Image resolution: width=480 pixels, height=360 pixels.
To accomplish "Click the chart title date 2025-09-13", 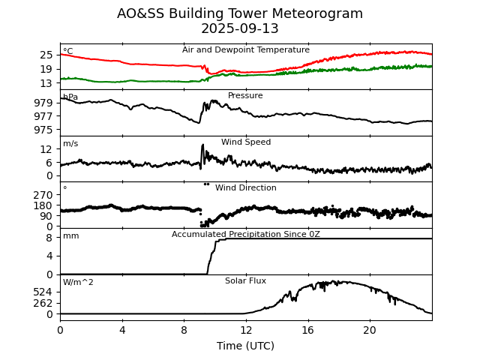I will [240, 29].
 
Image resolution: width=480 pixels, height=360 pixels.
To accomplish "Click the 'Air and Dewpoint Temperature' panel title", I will [246, 50].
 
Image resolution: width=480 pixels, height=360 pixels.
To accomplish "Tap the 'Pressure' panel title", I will [245, 96].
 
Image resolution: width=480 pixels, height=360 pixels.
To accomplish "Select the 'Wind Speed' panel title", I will [246, 142].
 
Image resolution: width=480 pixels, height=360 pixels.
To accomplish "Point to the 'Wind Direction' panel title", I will [246, 188].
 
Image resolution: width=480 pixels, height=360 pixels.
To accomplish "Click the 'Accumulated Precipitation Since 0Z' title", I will [246, 235].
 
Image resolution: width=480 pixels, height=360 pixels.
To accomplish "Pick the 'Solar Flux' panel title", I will [245, 281].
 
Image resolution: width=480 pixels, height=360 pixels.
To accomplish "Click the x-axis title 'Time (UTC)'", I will [246, 346].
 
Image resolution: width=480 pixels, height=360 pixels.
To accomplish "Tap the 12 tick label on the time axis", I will [246, 330].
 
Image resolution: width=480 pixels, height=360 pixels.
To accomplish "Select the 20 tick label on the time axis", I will [370, 330].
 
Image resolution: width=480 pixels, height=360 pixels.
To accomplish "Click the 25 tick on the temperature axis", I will [46, 55].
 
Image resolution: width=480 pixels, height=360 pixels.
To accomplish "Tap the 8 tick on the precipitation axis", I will [50, 238].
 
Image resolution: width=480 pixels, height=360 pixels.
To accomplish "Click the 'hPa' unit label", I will [70, 97].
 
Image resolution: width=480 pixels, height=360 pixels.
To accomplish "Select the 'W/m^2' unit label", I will [78, 283].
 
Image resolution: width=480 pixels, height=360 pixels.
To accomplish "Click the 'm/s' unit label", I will [70, 144].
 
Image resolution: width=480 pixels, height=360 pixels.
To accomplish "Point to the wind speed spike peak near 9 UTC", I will [202, 145].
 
